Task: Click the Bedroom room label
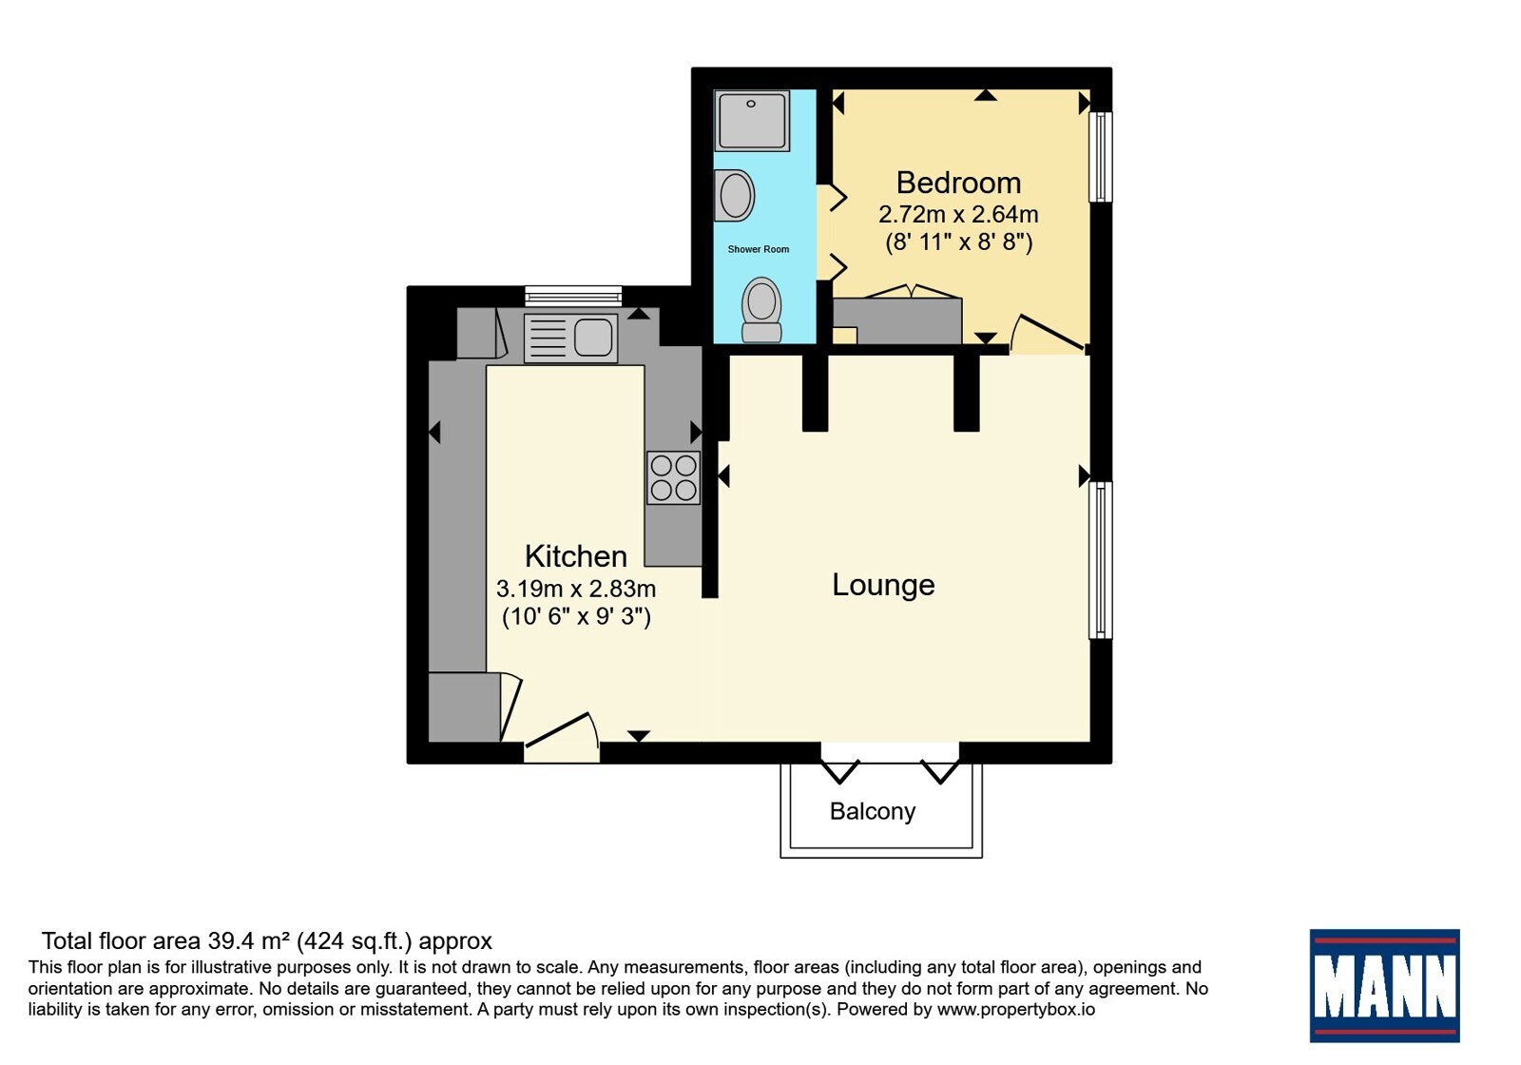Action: point(958,183)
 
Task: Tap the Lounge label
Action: point(883,585)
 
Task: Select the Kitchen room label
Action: point(576,556)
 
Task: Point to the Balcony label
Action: point(873,811)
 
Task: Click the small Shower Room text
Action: point(759,249)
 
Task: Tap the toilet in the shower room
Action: point(761,310)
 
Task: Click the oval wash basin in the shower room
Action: point(735,196)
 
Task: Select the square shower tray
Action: point(752,121)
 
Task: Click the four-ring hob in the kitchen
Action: point(673,477)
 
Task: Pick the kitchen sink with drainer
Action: point(570,338)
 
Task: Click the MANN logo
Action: point(1384,985)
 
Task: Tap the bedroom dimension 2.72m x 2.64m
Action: point(958,215)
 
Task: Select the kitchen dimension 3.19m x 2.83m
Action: point(576,589)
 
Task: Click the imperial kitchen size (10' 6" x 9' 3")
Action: point(576,616)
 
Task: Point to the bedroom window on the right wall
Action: point(1101,157)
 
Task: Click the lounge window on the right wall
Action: point(1101,560)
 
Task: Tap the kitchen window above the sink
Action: point(573,296)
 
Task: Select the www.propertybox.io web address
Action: point(1016,1010)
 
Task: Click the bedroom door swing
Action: point(1047,334)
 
